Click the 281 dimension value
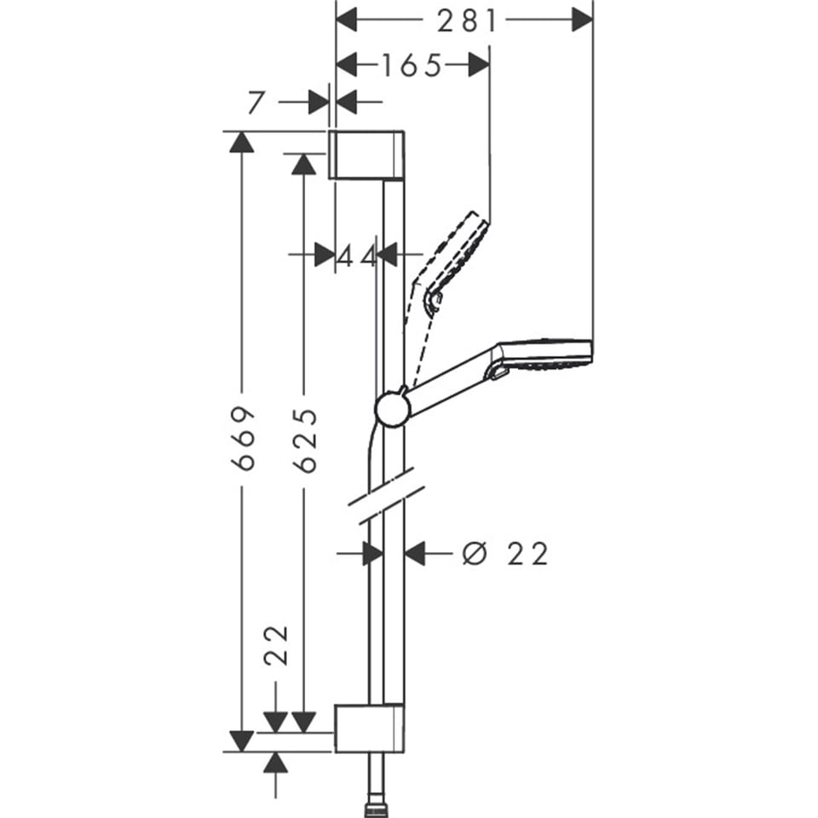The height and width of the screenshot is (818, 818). (466, 21)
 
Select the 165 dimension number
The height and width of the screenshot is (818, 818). (412, 65)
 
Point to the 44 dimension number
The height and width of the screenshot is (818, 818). (356, 255)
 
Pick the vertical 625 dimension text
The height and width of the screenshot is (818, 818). (304, 440)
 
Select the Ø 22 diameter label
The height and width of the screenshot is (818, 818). (505, 554)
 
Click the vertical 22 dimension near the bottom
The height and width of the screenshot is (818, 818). (275, 646)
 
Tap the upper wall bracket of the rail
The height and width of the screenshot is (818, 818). (366, 155)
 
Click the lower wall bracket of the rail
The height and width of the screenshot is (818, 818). (369, 729)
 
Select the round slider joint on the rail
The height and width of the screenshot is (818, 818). (392, 406)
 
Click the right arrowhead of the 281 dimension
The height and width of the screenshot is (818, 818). (581, 19)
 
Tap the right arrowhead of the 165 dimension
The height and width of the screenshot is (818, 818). (479, 65)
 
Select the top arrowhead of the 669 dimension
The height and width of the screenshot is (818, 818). (242, 142)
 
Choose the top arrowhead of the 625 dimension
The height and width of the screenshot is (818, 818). (304, 163)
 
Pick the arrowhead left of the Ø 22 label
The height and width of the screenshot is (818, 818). (416, 554)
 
